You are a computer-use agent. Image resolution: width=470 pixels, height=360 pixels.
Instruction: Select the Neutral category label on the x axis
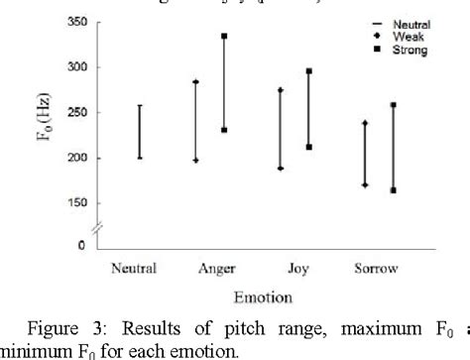coord(135,268)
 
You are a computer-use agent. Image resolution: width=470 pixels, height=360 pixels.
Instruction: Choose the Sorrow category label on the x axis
coord(375,268)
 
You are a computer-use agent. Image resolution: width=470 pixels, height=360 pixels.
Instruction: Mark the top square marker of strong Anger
coord(224,36)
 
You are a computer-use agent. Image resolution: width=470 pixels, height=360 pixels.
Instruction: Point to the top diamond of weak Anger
coord(196,81)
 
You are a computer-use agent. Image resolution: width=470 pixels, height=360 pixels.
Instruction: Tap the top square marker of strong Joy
coord(309,71)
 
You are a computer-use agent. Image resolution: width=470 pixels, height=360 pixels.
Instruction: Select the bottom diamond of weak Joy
coord(281,169)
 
